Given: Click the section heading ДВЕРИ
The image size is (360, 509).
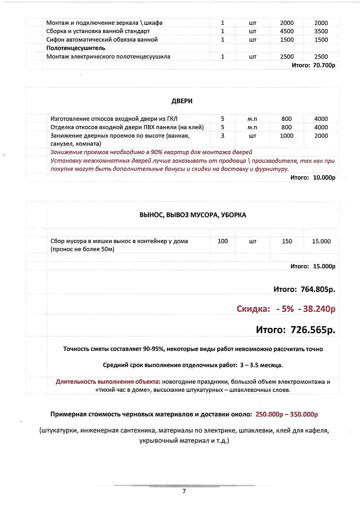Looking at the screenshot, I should [182, 101].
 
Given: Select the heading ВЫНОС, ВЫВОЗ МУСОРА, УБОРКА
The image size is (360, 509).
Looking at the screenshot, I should [193, 215].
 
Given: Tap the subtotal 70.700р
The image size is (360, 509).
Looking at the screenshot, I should [324, 65].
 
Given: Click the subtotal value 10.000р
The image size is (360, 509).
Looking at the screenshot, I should [324, 178].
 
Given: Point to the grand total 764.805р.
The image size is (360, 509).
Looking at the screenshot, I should [318, 289].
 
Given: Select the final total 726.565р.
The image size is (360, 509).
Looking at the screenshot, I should [313, 330].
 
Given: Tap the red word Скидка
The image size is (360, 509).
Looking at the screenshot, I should [253, 309].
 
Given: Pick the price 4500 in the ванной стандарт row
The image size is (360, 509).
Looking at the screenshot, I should [287, 31].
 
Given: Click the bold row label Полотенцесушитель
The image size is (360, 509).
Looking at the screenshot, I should [76, 48].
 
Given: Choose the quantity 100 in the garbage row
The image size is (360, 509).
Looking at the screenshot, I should [223, 241].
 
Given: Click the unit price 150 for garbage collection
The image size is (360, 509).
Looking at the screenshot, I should [287, 241].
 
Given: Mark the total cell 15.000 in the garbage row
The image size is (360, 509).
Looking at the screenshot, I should [321, 241].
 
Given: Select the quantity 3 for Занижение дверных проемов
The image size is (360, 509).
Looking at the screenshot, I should [223, 136].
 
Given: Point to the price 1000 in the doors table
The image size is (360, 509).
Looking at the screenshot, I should [287, 136].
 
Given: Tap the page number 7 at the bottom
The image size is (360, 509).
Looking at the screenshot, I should [184, 491].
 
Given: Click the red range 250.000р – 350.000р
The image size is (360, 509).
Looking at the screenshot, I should [287, 414].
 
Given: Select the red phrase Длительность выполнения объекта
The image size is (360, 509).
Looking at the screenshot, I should [108, 382].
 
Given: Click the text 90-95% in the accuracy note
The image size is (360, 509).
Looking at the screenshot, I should [154, 349].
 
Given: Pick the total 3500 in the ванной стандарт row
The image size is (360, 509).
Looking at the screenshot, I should [321, 31].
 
